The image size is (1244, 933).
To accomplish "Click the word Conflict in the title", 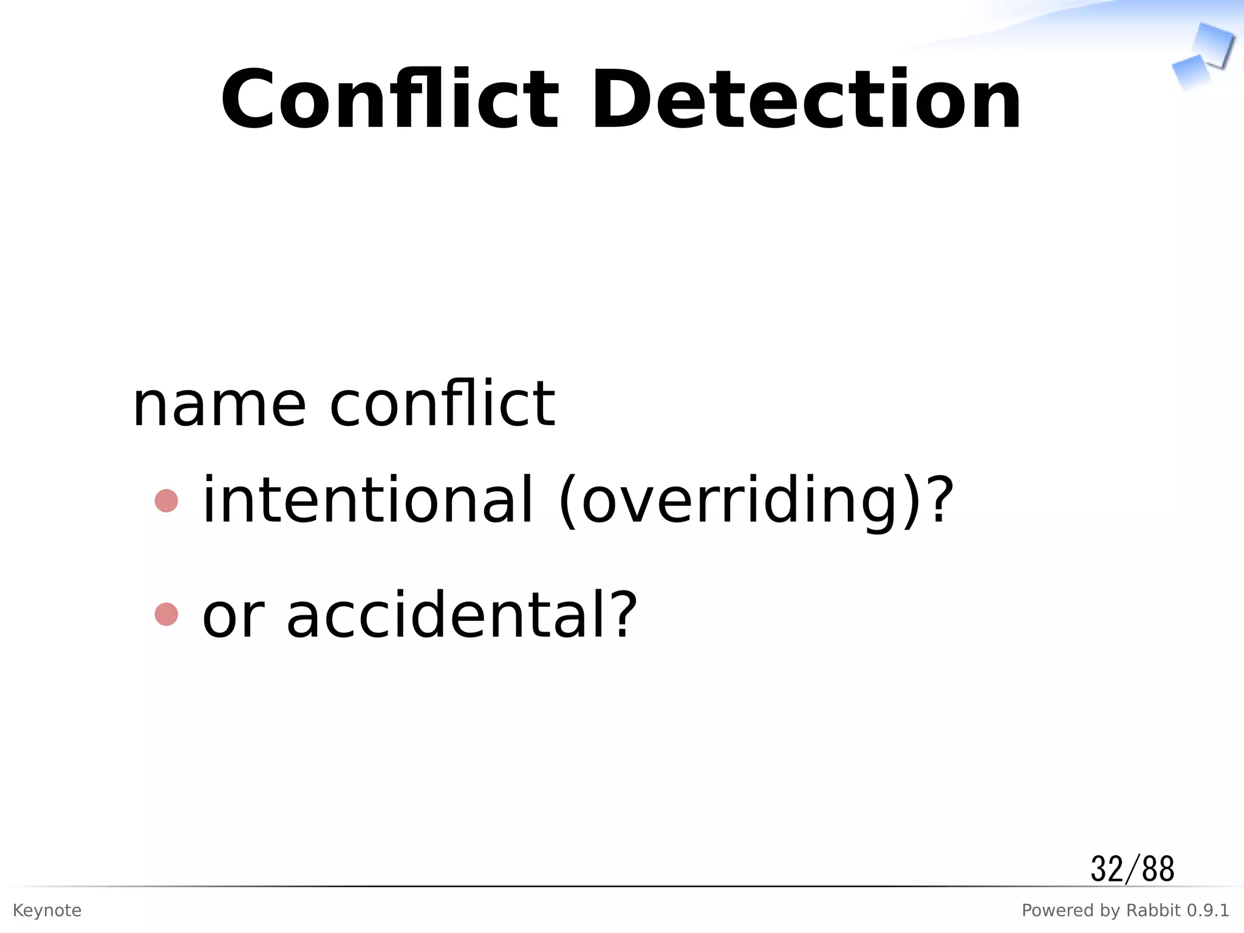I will coord(389,100).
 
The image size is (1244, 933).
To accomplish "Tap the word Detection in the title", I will coord(806,100).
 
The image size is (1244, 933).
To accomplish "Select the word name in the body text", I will coord(219,405).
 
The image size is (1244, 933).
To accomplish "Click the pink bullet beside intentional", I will coord(166,501).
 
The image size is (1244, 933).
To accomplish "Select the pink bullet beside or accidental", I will coord(166,614).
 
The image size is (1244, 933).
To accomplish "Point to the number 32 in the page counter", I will coord(1107,869).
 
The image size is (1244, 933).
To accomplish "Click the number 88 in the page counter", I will coord(1158,869).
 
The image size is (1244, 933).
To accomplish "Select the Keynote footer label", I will coord(47,911).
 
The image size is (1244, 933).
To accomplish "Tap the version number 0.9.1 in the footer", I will coord(1208,911).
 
